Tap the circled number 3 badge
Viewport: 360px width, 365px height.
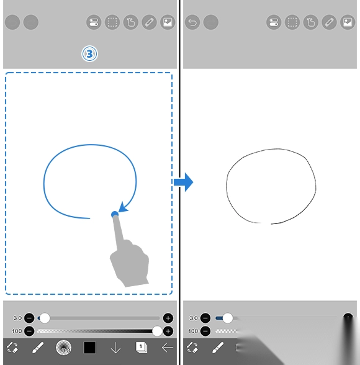pyautogui.click(x=89, y=54)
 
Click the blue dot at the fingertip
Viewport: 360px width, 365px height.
pyautogui.click(x=115, y=214)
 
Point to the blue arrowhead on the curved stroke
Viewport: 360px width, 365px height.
pyautogui.click(x=123, y=207)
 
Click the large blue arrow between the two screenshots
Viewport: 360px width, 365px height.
pyautogui.click(x=183, y=182)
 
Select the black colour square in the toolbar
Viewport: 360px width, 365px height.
pyautogui.click(x=89, y=348)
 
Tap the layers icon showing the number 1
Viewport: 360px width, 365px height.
pyautogui.click(x=142, y=348)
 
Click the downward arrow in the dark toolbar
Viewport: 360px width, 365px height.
pyautogui.click(x=115, y=348)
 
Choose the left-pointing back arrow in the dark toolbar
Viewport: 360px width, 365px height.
pyautogui.click(x=168, y=348)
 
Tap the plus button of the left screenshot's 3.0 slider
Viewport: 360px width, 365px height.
pyautogui.click(x=168, y=318)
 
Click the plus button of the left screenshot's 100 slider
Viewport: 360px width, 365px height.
pyautogui.click(x=168, y=331)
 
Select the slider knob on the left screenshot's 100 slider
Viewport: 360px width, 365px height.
pyautogui.click(x=157, y=331)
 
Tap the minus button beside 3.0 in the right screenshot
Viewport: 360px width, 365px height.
pyautogui.click(x=205, y=318)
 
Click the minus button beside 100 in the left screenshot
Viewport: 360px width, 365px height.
pyautogui.click(x=29, y=331)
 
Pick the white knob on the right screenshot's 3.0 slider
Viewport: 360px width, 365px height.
pyautogui.click(x=228, y=318)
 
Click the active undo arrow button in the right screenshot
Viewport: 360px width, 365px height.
pyautogui.click(x=192, y=22)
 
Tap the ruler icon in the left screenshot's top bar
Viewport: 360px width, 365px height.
pyautogui.click(x=149, y=22)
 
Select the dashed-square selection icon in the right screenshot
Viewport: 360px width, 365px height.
pyautogui.click(x=292, y=22)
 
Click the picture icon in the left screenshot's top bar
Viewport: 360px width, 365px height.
pyautogui.click(x=168, y=22)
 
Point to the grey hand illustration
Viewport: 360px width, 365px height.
pyautogui.click(x=129, y=258)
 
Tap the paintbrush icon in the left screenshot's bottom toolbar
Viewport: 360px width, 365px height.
pyautogui.click(x=38, y=348)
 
